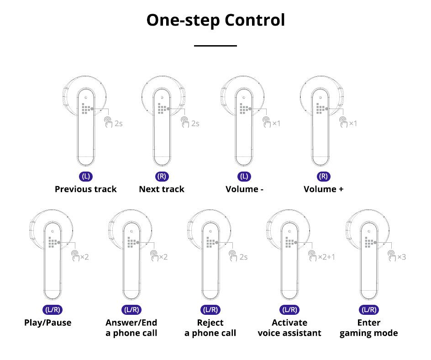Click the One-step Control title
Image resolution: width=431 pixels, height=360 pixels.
(215, 21)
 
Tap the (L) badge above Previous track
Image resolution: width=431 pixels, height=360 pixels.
(86, 177)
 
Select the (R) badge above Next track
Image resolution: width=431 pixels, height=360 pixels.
(162, 177)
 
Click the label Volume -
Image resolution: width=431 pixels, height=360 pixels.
(244, 189)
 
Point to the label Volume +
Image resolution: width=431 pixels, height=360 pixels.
(323, 189)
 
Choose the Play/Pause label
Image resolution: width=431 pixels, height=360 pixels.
(48, 323)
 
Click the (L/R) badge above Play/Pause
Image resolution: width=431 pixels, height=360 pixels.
(53, 310)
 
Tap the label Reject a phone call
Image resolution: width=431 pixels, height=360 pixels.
(210, 328)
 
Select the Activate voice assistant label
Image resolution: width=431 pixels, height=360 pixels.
(289, 328)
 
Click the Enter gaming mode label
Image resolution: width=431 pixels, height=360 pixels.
(368, 328)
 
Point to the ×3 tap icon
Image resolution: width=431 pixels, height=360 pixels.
(392, 256)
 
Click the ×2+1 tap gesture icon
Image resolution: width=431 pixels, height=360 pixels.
(313, 256)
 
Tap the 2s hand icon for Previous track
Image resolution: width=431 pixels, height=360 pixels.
(108, 123)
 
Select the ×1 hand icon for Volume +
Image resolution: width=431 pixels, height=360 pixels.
(343, 123)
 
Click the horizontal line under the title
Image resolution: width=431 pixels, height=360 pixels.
(215, 46)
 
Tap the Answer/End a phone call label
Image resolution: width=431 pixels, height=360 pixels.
(131, 328)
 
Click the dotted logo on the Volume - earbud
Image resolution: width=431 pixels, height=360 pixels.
(244, 109)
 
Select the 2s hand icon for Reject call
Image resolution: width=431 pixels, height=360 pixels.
(233, 256)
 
